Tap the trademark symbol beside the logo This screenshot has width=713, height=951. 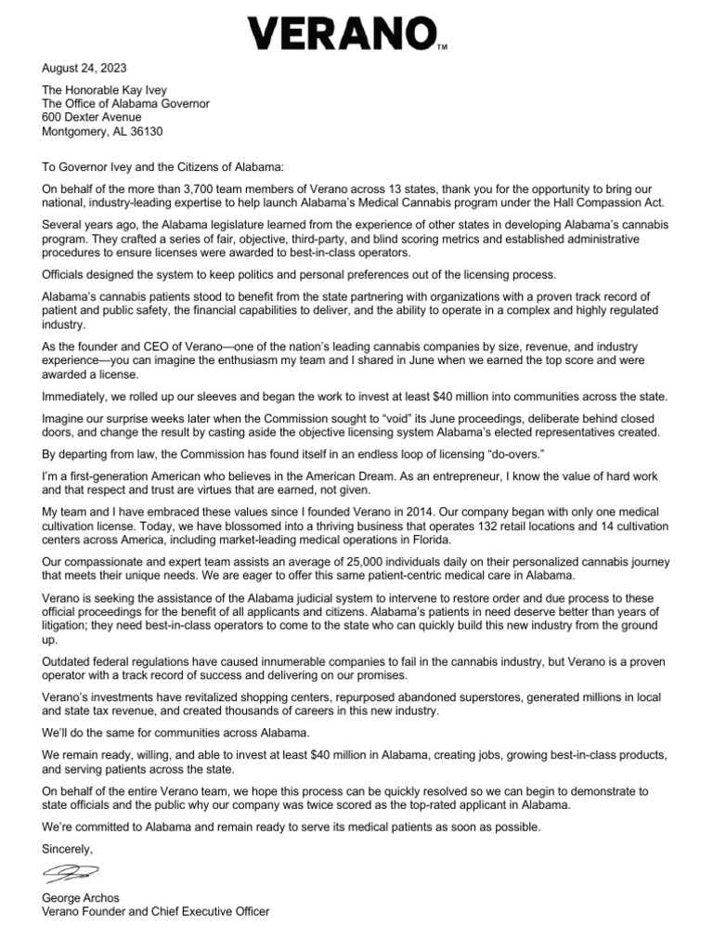(x=442, y=46)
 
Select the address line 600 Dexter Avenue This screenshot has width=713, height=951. (x=92, y=117)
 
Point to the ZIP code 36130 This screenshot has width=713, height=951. (x=144, y=132)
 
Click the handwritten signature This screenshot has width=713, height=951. (x=71, y=872)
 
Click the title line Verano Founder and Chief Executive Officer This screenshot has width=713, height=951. (x=156, y=912)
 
